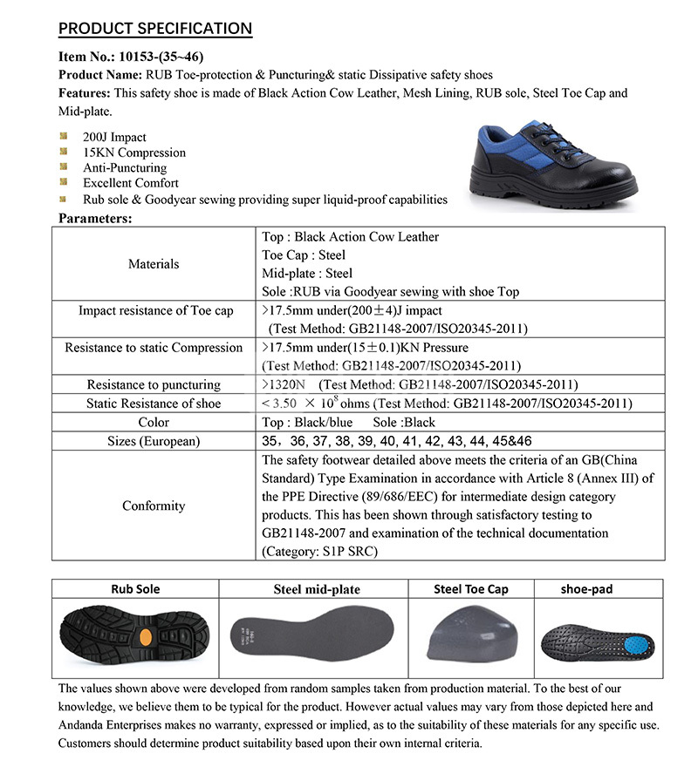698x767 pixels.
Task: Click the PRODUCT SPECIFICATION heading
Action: coord(154,28)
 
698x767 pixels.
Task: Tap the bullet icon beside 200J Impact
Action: coord(64,137)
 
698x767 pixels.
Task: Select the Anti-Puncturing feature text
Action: coord(124,167)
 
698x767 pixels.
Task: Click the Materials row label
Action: coord(154,263)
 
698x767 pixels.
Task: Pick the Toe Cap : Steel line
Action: coord(304,255)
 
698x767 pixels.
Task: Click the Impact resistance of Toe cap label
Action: coord(155,310)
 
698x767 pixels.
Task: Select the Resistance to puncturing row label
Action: coord(154,384)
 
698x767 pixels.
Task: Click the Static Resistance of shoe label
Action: coord(154,404)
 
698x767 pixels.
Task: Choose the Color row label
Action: coord(154,422)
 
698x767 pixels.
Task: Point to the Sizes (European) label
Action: coord(154,441)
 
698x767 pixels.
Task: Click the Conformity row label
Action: coord(154,506)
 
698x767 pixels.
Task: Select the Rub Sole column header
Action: coord(135,589)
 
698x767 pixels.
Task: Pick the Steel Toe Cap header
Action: coord(471,589)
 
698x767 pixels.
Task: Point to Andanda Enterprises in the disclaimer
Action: coord(104,725)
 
